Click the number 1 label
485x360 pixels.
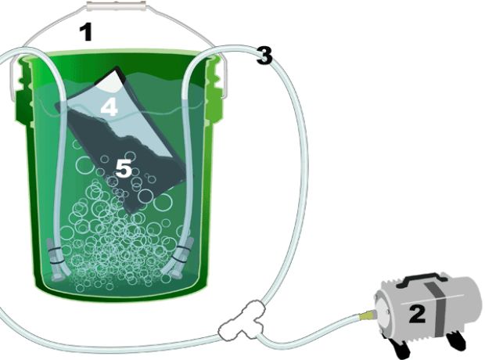pyautogui.click(x=86, y=33)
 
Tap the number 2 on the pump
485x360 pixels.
pyautogui.click(x=417, y=314)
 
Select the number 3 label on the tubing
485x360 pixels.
pyautogui.click(x=264, y=56)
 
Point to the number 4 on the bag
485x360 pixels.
pyautogui.click(x=110, y=107)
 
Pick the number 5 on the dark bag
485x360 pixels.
pyautogui.click(x=124, y=169)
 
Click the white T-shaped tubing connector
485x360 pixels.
pyautogui.click(x=242, y=321)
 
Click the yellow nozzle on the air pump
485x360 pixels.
pyautogui.click(x=367, y=315)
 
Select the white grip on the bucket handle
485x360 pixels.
pyautogui.click(x=116, y=6)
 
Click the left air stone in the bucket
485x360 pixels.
pyautogui.click(x=57, y=259)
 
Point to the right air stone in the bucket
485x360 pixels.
pyautogui.click(x=178, y=256)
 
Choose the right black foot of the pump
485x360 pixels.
pyautogui.click(x=456, y=340)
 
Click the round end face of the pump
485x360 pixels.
pyautogui.click(x=384, y=313)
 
